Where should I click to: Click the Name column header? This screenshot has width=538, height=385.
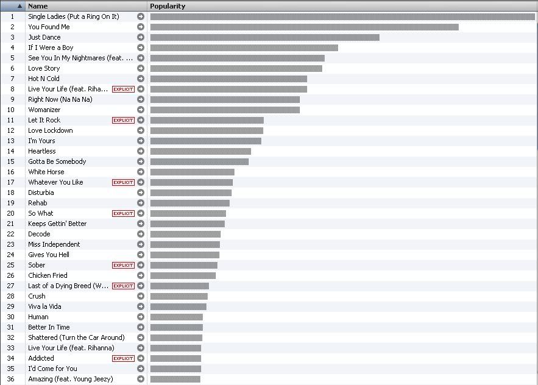(38, 6)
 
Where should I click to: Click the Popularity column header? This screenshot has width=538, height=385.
(168, 6)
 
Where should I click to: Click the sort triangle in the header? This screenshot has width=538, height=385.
(19, 6)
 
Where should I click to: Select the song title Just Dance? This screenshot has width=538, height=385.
(44, 37)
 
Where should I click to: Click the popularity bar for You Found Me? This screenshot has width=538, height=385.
(304, 27)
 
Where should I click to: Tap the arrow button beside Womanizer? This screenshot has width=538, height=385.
(141, 110)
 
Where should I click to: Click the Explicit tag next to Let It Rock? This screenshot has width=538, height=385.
(123, 120)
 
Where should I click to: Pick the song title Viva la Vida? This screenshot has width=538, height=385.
(44, 306)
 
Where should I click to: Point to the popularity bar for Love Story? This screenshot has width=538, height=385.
(236, 68)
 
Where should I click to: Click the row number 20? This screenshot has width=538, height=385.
(10, 213)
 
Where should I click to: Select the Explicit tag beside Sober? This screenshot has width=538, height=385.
(123, 265)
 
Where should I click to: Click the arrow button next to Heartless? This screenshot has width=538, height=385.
(141, 151)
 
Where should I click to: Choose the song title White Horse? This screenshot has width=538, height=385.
(46, 172)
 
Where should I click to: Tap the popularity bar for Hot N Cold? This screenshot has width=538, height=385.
(228, 79)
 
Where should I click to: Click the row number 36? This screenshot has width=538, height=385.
(10, 379)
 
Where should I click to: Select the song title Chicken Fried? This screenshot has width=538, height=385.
(48, 275)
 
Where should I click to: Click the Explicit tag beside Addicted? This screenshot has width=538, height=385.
(123, 358)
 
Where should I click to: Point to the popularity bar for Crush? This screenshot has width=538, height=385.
(179, 296)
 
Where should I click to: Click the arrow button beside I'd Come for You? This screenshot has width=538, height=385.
(141, 369)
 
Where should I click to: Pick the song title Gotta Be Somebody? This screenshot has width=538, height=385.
(57, 161)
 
